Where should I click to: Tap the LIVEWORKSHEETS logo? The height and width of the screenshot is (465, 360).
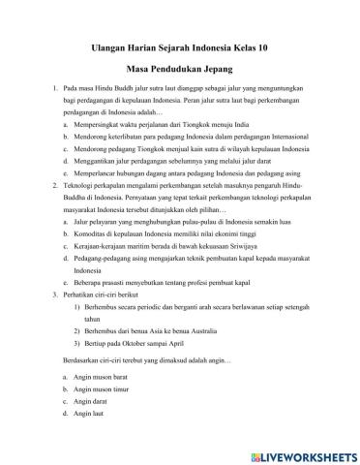[299, 449]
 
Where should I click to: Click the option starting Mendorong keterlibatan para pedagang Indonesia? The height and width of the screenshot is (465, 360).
[193, 139]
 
